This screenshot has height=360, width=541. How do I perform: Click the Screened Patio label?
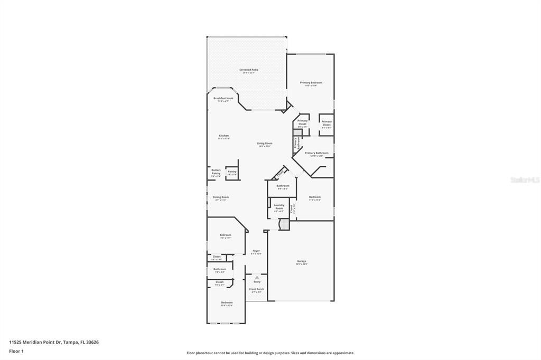point(249,70)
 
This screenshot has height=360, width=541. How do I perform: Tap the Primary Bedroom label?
point(311,83)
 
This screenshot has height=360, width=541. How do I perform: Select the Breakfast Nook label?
point(223,98)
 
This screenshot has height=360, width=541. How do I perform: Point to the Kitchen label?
point(224,136)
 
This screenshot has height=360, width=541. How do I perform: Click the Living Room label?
point(264,144)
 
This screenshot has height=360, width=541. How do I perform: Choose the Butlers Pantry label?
point(216,172)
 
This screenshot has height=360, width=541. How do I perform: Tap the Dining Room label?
point(220,197)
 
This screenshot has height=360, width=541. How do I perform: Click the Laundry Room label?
point(279,206)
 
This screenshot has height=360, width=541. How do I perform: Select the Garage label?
point(302,261)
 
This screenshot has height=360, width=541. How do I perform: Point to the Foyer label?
point(256,251)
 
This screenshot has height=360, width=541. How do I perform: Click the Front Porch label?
point(257,289)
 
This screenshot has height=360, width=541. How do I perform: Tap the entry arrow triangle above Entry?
point(257,277)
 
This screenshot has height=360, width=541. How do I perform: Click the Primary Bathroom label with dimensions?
point(316,153)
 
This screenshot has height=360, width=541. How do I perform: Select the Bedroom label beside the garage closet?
point(315,197)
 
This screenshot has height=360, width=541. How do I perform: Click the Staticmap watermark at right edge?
point(525,180)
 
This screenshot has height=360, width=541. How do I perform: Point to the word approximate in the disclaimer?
point(343,353)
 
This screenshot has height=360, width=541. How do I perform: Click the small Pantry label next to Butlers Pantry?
point(232,171)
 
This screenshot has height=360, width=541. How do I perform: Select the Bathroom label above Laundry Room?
point(283,186)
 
